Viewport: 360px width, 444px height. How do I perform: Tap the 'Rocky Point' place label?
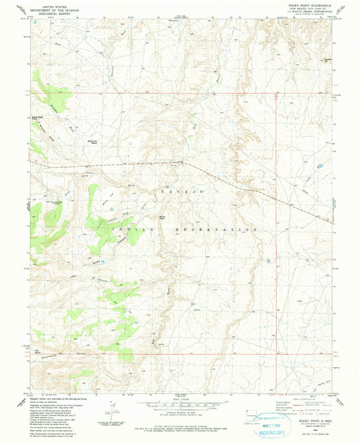[162, 217]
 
